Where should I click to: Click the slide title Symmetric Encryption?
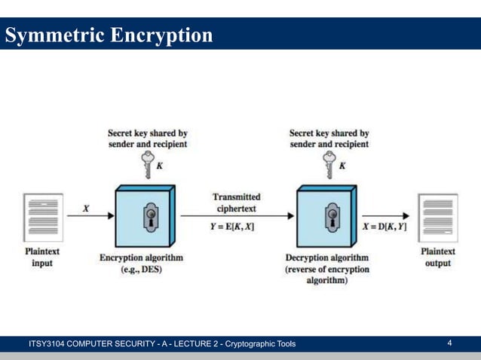109,35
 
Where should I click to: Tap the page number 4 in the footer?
449,343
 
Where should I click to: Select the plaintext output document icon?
437,218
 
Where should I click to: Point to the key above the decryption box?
329,162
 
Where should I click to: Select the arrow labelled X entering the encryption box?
90,215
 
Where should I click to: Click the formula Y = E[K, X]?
232,227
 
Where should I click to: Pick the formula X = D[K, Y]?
384,227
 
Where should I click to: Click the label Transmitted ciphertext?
237,202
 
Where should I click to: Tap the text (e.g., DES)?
142,270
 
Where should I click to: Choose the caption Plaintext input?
42,258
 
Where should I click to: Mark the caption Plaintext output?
437,258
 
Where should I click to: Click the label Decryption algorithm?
326,257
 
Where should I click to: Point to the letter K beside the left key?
159,166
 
